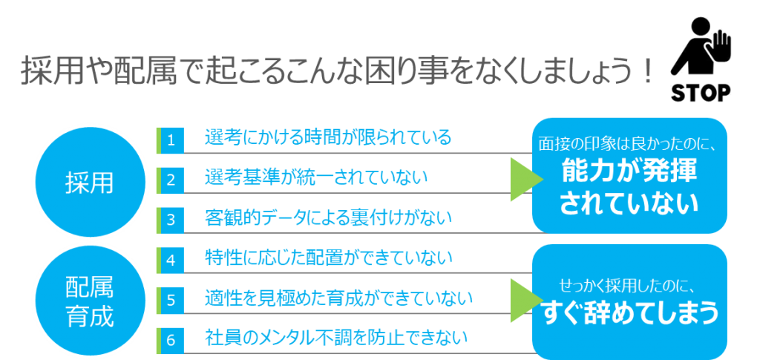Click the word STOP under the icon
[x=701, y=93]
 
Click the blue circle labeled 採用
[x=90, y=182]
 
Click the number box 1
[x=170, y=140]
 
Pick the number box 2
[x=170, y=180]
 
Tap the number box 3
[x=170, y=220]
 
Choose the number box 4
[x=170, y=261]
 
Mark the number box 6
[x=170, y=340]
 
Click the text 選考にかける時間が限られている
[x=328, y=137]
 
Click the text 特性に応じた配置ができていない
[x=328, y=258]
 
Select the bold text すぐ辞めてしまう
[x=630, y=314]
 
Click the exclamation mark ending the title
[x=645, y=73]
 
